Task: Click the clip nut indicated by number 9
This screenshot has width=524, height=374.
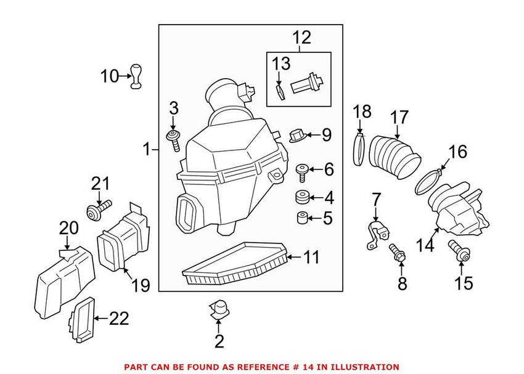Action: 296,134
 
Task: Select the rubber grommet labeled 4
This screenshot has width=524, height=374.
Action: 302,198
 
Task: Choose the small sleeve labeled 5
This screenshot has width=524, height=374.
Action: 302,219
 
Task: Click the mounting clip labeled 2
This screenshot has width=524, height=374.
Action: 219,309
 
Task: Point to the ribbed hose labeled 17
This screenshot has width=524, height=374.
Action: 393,154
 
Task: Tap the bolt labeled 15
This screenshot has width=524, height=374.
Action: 459,250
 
